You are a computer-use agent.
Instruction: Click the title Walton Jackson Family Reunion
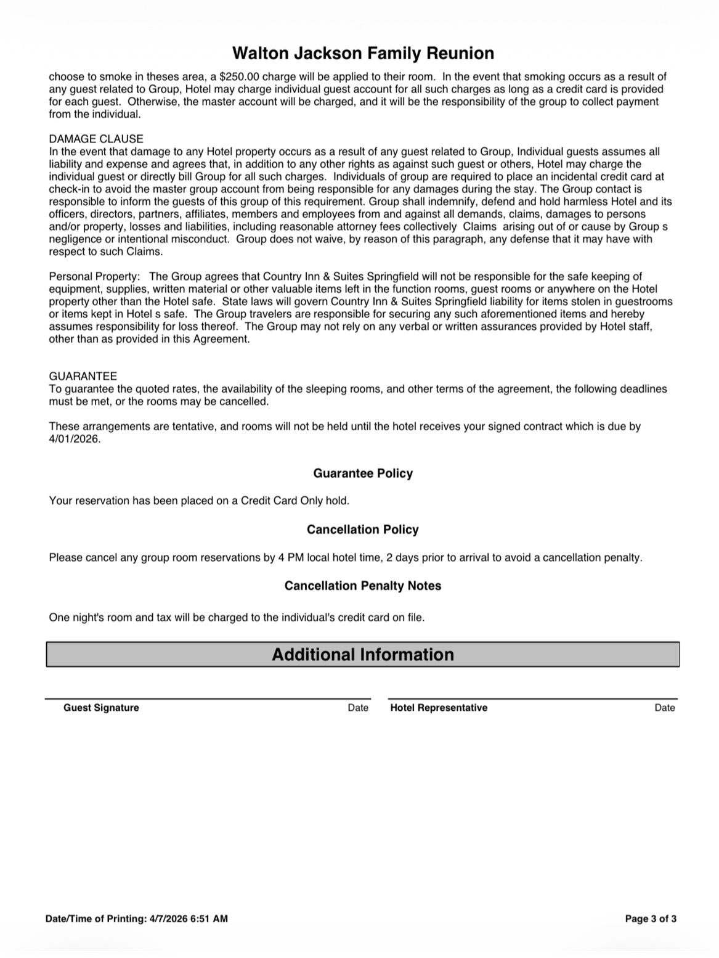click(x=363, y=54)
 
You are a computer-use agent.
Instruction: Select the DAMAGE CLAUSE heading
click(x=96, y=139)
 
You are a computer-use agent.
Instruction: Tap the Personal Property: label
click(x=94, y=277)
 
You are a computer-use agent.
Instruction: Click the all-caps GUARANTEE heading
click(x=83, y=376)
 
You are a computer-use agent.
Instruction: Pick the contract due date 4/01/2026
click(x=74, y=440)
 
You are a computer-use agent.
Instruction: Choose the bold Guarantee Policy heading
click(x=363, y=473)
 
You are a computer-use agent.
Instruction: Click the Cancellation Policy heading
click(x=363, y=530)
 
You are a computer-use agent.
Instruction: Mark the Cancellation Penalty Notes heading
click(x=363, y=586)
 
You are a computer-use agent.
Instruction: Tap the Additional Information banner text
click(x=363, y=655)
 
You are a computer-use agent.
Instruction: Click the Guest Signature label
click(x=101, y=708)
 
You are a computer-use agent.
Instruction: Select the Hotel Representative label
click(x=439, y=708)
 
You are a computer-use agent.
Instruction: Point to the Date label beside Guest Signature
click(x=358, y=708)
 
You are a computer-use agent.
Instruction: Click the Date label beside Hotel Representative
click(x=665, y=708)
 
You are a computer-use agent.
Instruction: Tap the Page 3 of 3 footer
click(x=651, y=919)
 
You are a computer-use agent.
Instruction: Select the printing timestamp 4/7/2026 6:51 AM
click(x=189, y=919)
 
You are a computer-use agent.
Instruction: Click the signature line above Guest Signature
click(x=208, y=698)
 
